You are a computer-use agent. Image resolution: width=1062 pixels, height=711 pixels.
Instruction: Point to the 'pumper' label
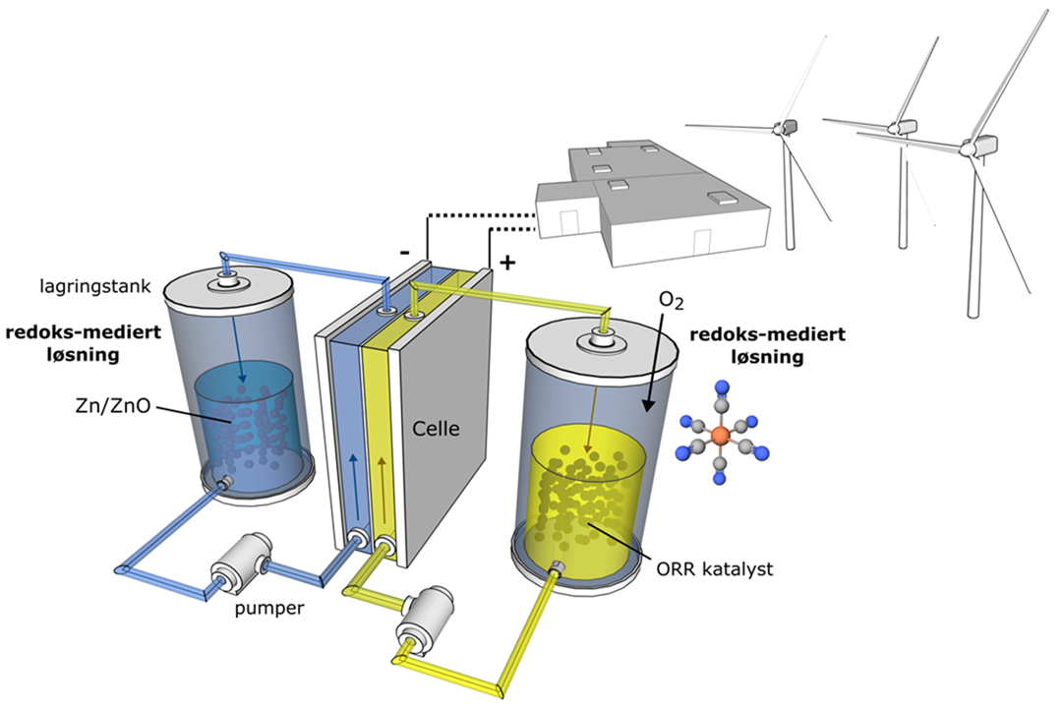269,608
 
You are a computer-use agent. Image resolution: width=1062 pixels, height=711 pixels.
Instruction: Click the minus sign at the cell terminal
404,253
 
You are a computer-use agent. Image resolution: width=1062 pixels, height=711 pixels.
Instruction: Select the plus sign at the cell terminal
507,263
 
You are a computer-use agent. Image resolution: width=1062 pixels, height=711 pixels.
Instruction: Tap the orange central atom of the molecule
722,435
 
